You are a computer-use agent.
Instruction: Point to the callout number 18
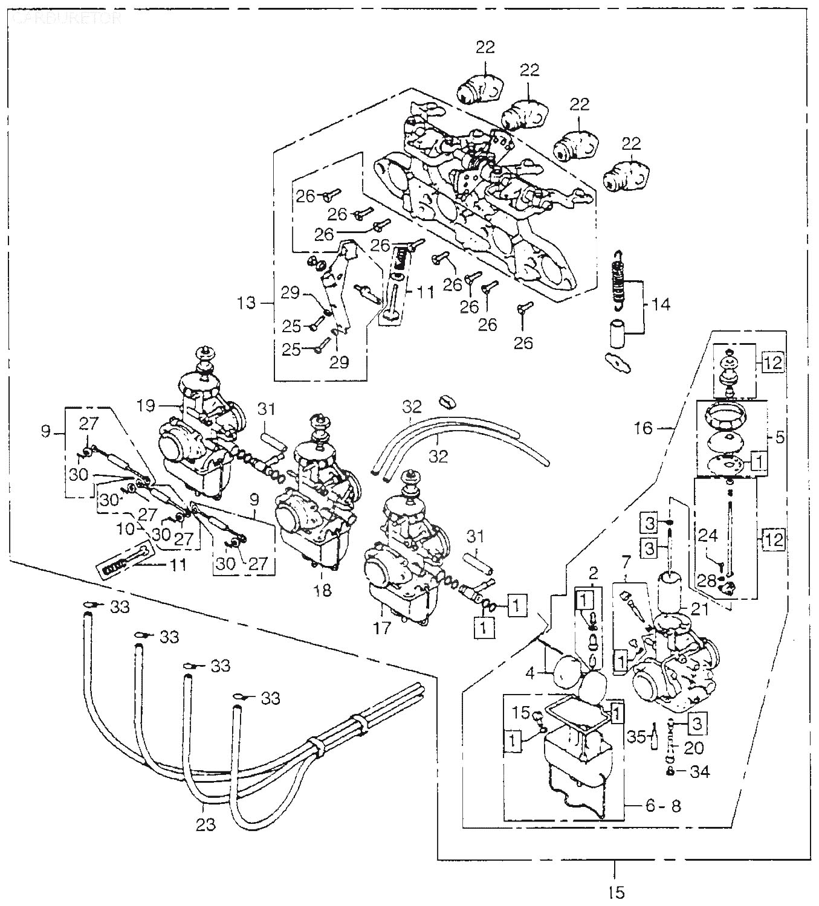pyautogui.click(x=323, y=590)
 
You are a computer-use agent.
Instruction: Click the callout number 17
pyautogui.click(x=382, y=628)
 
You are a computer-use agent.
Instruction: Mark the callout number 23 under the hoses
pyautogui.click(x=206, y=824)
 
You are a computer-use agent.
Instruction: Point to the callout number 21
pyautogui.click(x=699, y=610)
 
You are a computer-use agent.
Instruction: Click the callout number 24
pyautogui.click(x=708, y=535)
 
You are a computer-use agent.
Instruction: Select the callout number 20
pyautogui.click(x=694, y=747)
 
